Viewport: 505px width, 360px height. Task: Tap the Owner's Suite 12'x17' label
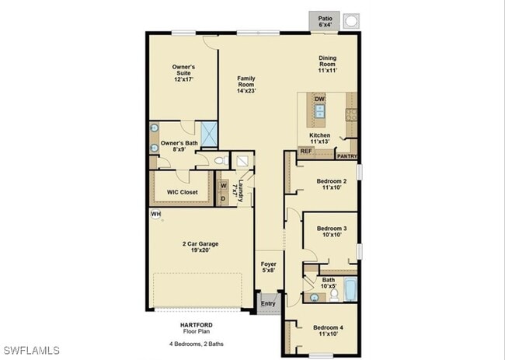click(x=183, y=73)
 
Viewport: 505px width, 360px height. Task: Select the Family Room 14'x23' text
click(x=246, y=85)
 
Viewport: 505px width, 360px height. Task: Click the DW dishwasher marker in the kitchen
click(x=319, y=100)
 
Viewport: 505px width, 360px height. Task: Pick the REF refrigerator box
click(x=305, y=152)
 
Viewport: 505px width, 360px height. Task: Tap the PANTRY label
click(x=347, y=155)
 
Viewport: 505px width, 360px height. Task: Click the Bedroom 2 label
click(x=331, y=184)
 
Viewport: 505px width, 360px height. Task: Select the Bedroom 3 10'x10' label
click(x=331, y=231)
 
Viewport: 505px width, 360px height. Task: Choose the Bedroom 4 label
click(x=328, y=331)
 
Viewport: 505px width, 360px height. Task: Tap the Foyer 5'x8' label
click(x=267, y=267)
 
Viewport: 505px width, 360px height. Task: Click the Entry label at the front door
click(x=268, y=303)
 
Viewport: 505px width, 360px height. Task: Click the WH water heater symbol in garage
click(x=156, y=214)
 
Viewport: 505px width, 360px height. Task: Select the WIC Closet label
click(x=182, y=192)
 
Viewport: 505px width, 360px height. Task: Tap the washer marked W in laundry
click(x=222, y=185)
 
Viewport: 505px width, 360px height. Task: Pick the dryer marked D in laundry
click(x=222, y=199)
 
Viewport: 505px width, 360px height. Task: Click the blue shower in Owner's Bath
click(x=209, y=133)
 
